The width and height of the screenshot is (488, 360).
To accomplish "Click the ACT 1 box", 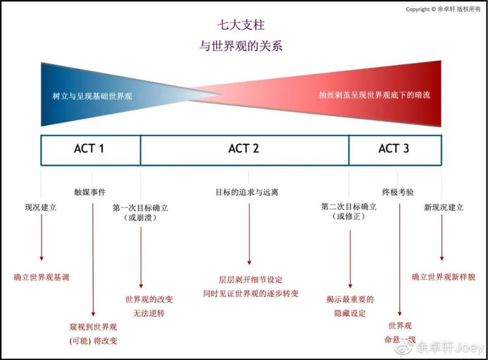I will click(x=90, y=149).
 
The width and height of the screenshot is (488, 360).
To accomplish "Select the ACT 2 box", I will click(x=244, y=149).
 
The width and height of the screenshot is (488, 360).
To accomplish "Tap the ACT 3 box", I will click(x=394, y=149).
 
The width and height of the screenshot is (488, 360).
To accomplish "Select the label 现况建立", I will click(x=40, y=207).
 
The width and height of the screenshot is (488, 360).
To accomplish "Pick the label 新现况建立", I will click(x=443, y=207).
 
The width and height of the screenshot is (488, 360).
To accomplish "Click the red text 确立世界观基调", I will click(x=42, y=277).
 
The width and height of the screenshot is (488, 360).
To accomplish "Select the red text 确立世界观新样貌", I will click(x=443, y=277).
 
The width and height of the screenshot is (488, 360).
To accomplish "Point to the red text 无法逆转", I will click(x=144, y=314).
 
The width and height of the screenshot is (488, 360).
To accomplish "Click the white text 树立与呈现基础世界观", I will click(x=92, y=96).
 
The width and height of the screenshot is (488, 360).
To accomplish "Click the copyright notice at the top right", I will click(x=443, y=9).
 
